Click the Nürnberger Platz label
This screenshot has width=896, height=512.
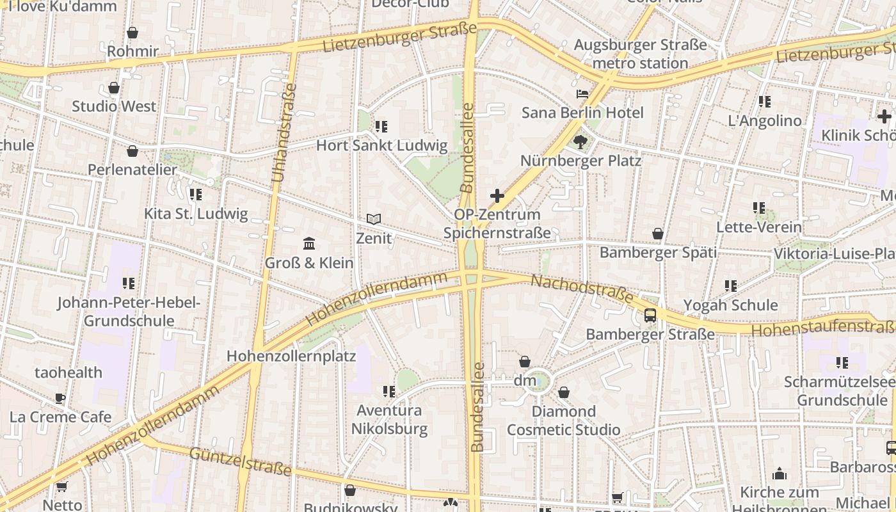tap(580, 161)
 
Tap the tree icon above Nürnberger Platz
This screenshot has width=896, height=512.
tap(580, 141)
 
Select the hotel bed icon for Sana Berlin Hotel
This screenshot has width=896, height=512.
tap(582, 95)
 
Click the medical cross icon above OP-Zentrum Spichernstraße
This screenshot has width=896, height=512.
tap(497, 196)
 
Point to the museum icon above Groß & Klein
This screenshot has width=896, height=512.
tap(309, 243)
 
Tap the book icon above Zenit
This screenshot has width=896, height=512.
tap(374, 220)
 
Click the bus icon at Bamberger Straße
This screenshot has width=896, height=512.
tap(650, 315)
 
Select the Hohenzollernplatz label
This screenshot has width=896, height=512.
tap(291, 356)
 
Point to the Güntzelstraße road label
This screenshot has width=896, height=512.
tap(241, 461)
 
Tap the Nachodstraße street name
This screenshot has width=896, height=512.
tap(582, 289)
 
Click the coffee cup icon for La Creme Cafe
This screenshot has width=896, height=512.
tap(60, 398)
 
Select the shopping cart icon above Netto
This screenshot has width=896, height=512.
tap(62, 487)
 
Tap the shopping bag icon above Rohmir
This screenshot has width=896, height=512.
tap(132, 33)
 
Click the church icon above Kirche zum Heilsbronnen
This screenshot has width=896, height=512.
tap(780, 474)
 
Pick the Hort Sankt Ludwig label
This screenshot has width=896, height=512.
tap(381, 145)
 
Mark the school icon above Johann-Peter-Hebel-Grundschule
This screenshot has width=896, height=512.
tap(129, 283)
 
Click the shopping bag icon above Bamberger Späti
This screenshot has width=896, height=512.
tap(658, 234)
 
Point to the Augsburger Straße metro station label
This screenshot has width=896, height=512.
tap(640, 54)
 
